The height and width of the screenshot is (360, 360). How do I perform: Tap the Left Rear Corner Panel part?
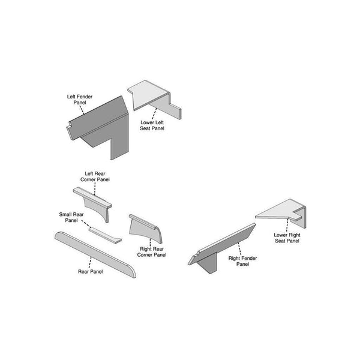click(96, 201)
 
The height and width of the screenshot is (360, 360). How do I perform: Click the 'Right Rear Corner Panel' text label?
click(152, 251)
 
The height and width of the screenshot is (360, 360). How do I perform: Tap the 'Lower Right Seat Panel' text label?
click(286, 238)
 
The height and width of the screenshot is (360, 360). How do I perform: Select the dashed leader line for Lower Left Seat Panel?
click(154, 111)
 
